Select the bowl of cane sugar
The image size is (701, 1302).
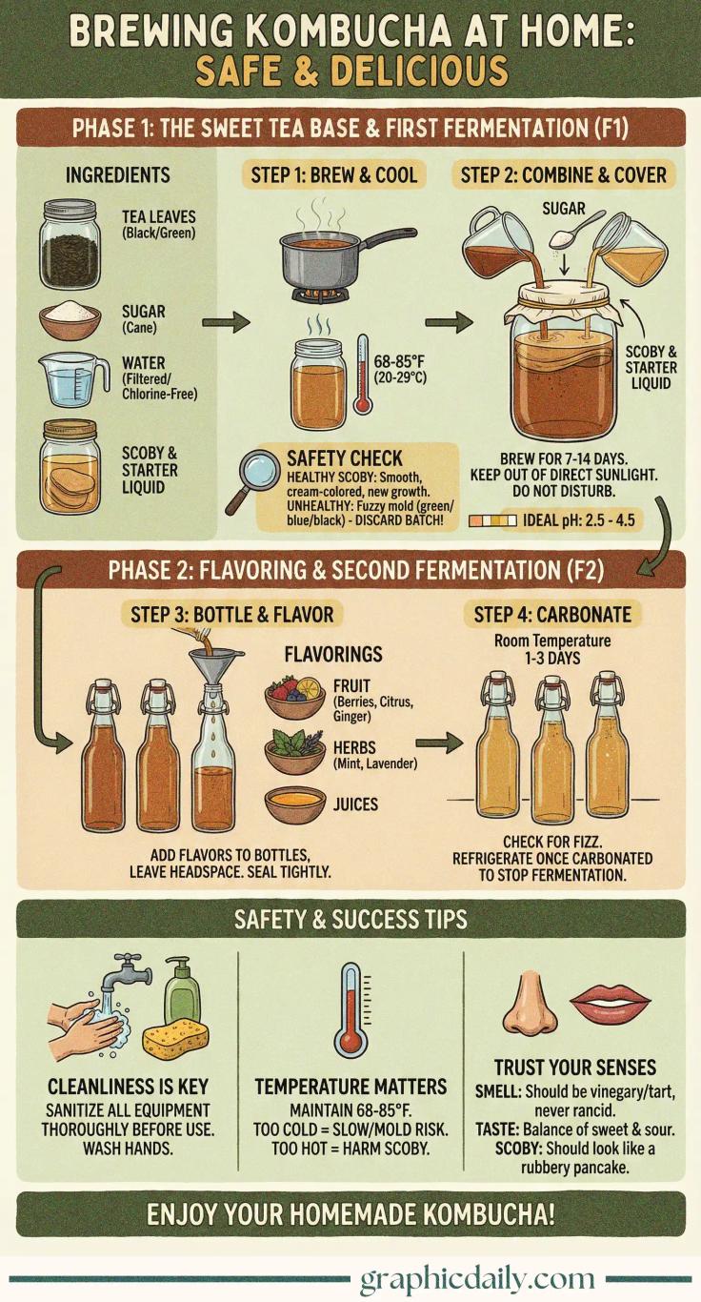coord(70,319)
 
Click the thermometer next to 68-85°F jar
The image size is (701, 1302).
coord(363,375)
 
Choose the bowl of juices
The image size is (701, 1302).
coord(294,804)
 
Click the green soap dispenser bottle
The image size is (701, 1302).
coord(182,991)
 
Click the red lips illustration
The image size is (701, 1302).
coord(610,1002)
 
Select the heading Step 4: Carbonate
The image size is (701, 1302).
coord(552,614)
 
